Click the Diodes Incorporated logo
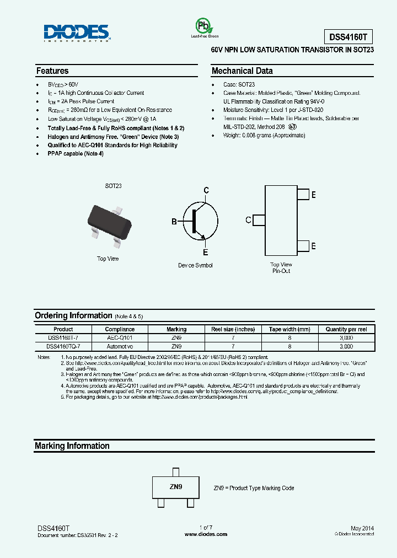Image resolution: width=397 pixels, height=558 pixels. pyautogui.click(x=76, y=33)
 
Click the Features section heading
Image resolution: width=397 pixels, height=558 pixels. pyautogui.click(x=52, y=71)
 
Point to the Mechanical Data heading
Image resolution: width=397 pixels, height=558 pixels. pyautogui.click(x=242, y=71)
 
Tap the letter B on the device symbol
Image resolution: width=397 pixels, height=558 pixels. pyautogui.click(x=174, y=222)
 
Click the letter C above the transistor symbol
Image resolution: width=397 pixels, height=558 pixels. pyautogui.click(x=206, y=191)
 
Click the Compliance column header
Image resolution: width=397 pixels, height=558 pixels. pyautogui.click(x=120, y=329)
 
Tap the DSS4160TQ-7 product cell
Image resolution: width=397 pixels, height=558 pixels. pyautogui.click(x=63, y=346)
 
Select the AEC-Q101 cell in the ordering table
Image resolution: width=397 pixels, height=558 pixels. pyautogui.click(x=120, y=337)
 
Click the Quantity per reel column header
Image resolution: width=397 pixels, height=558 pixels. pyautogui.click(x=346, y=329)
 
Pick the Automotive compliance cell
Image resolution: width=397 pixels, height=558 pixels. pyautogui.click(x=120, y=346)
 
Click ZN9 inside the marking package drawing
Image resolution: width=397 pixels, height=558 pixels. pyautogui.click(x=175, y=487)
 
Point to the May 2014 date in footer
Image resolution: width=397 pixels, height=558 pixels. pyautogui.click(x=362, y=528)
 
